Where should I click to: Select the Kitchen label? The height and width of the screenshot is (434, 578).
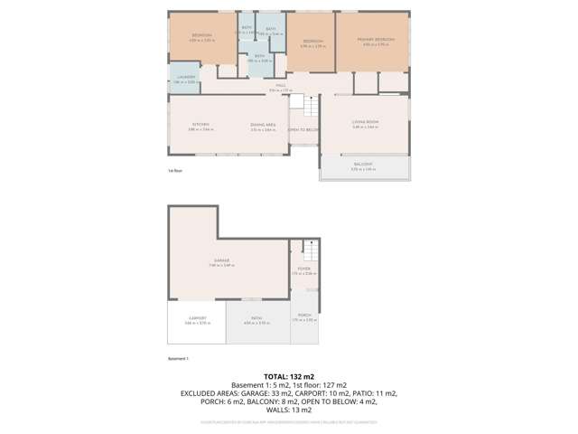click(200, 125)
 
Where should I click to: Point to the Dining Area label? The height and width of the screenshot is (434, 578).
click(263, 125)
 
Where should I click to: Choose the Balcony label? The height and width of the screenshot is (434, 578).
click(363, 165)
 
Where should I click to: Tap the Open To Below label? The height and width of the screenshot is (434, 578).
click(303, 130)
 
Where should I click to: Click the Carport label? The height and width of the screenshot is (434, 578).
click(197, 317)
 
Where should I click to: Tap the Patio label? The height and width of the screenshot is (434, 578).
click(257, 317)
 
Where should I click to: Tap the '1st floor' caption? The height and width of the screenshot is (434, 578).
click(175, 170)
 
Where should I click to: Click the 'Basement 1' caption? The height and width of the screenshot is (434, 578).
click(178, 359)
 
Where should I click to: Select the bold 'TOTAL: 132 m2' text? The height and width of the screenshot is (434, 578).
click(288, 374)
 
